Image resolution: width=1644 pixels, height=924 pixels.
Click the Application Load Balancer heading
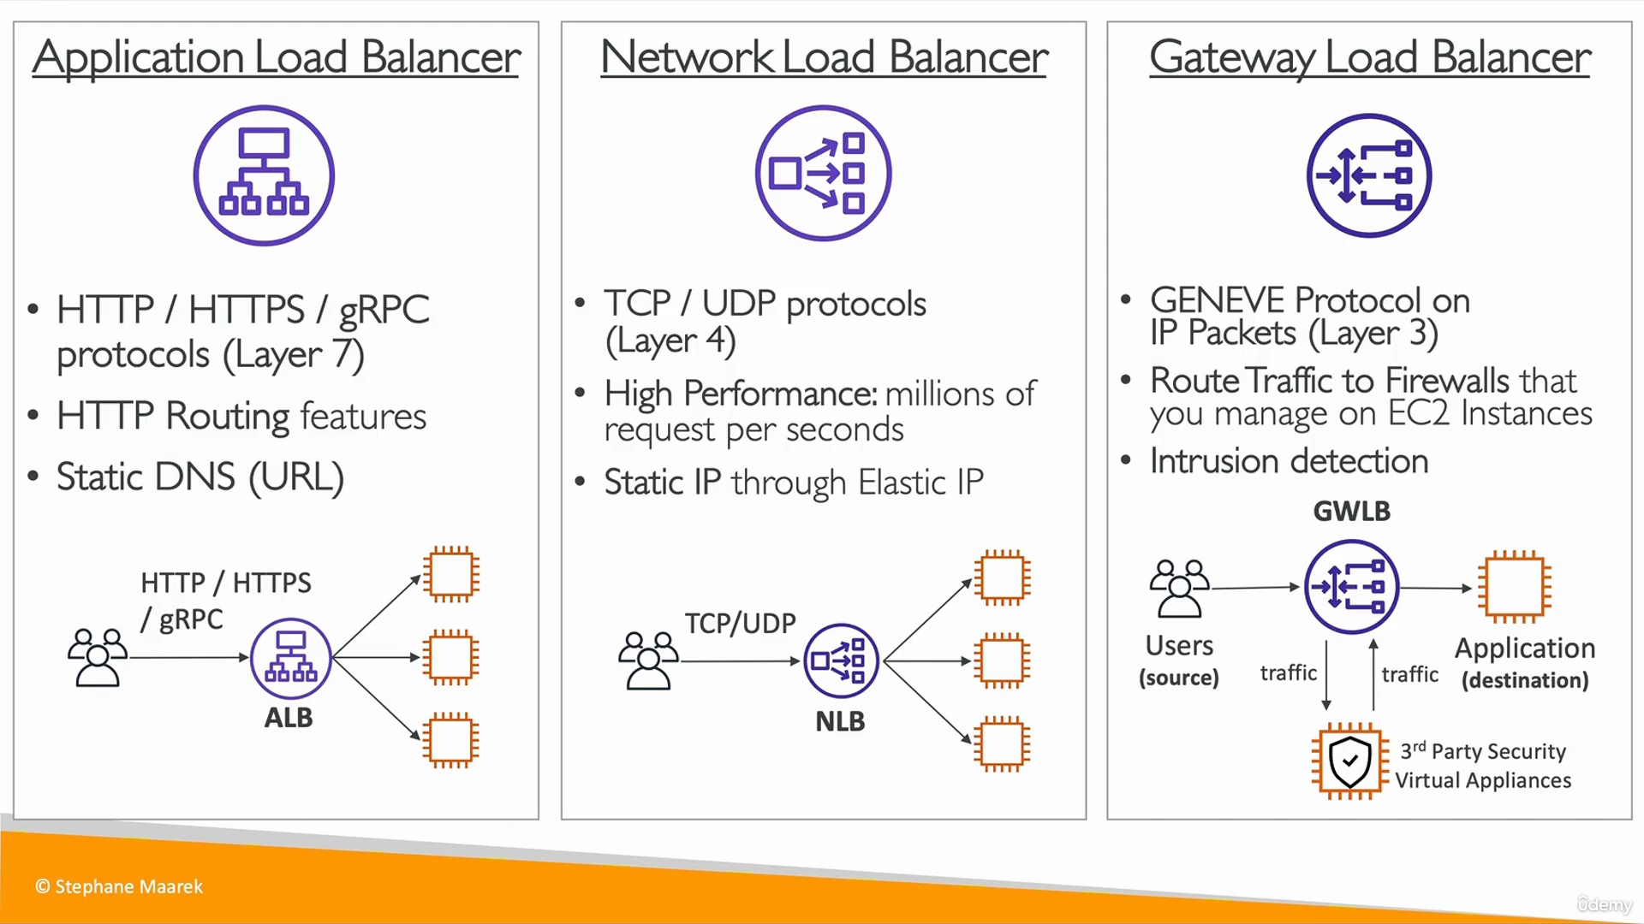(x=276, y=58)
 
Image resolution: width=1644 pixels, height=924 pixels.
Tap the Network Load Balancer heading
(x=824, y=58)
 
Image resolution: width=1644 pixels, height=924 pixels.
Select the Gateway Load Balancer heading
(x=1369, y=58)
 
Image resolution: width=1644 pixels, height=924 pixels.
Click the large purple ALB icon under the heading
(x=264, y=175)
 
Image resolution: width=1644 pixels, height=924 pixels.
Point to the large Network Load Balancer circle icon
(x=823, y=174)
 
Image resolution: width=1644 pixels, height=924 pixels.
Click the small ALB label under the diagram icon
(x=289, y=718)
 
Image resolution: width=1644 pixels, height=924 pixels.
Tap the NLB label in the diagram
(x=840, y=722)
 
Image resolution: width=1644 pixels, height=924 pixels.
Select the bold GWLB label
(x=1351, y=512)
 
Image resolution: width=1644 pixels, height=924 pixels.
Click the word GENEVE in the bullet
(x=1218, y=300)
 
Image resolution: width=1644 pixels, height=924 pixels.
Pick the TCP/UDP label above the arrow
(x=740, y=624)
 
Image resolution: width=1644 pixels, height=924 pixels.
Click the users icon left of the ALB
(x=98, y=657)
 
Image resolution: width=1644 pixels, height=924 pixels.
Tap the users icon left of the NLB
(x=648, y=660)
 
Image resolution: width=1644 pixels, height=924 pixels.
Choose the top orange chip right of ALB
(x=450, y=575)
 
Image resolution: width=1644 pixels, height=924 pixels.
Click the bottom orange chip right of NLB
(x=1002, y=743)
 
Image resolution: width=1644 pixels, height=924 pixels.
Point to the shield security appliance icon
(x=1349, y=761)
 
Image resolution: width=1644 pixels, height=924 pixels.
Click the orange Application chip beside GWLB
(x=1515, y=587)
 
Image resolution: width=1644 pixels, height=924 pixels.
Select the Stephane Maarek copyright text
(x=119, y=887)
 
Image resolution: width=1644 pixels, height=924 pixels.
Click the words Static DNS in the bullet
(x=146, y=477)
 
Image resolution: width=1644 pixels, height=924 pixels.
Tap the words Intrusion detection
(x=1289, y=461)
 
